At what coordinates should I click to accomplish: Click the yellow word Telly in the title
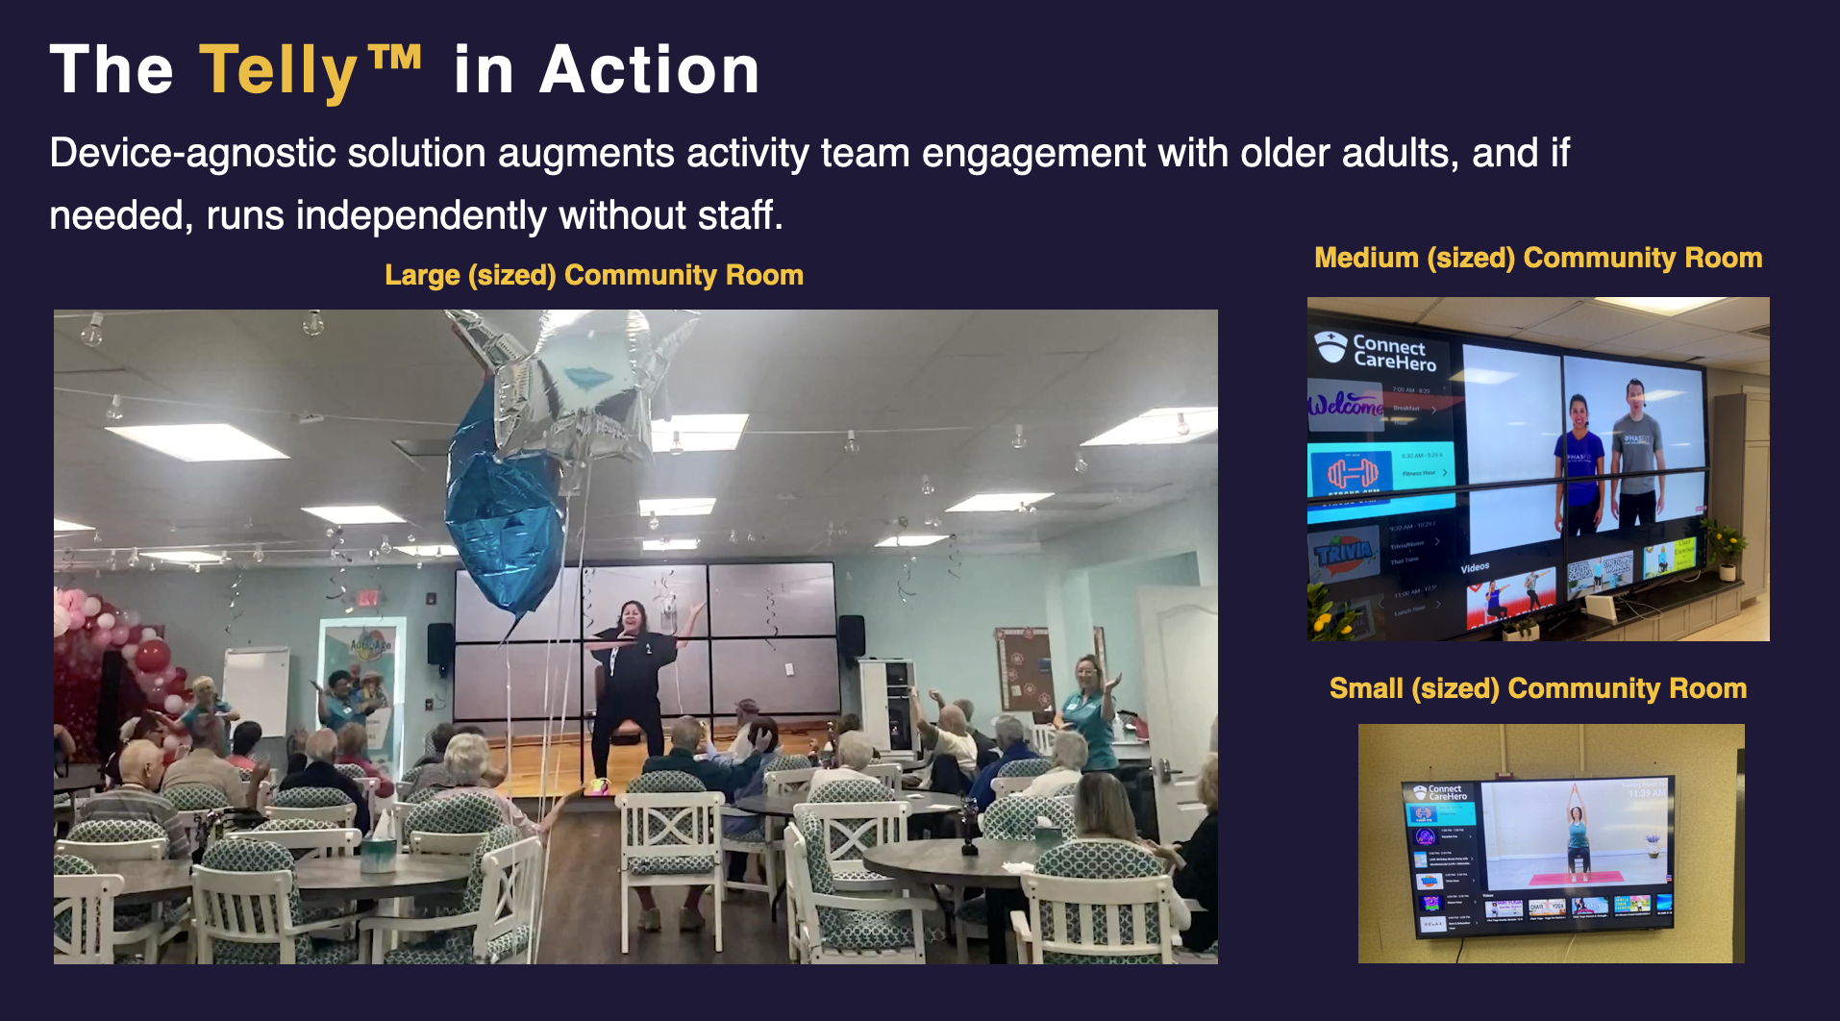click(279, 71)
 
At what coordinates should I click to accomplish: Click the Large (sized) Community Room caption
click(594, 275)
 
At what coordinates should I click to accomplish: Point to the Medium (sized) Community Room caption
click(1538, 258)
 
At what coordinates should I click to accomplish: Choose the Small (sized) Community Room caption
click(1538, 688)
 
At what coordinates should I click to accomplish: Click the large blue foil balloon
click(505, 510)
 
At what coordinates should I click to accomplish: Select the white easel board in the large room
click(256, 690)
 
